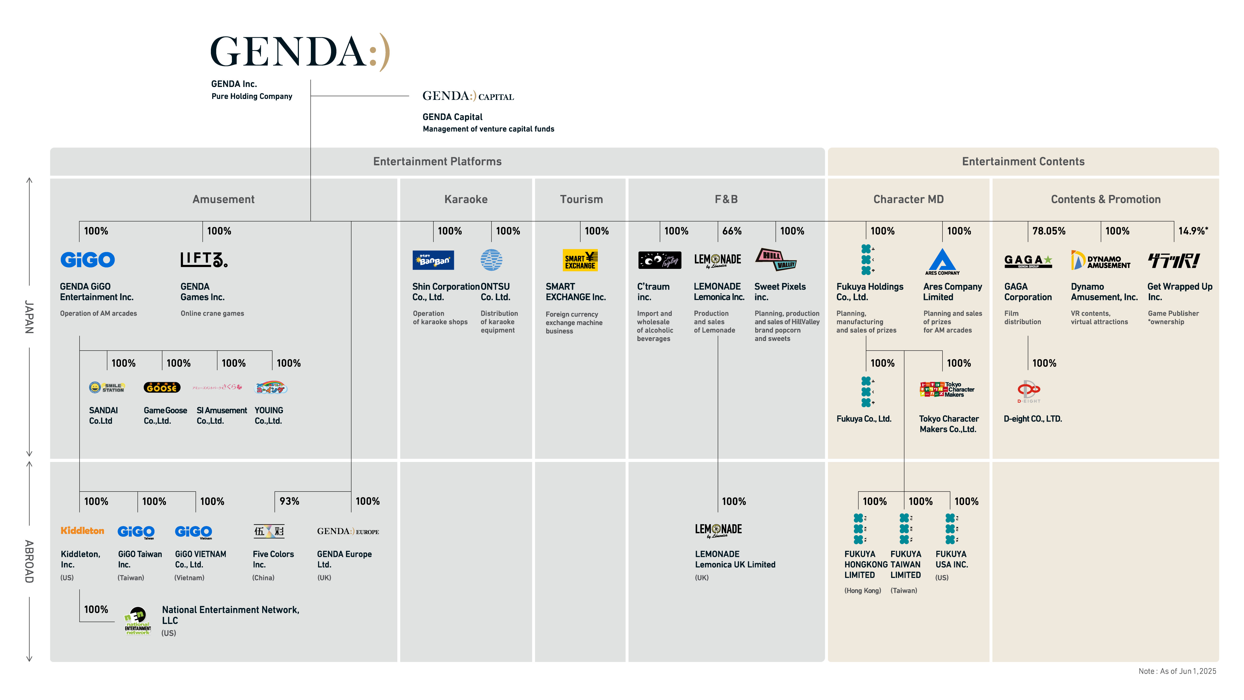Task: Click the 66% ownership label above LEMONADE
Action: click(x=732, y=231)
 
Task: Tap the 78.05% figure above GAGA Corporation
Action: click(x=1049, y=231)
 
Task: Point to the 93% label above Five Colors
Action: click(x=289, y=501)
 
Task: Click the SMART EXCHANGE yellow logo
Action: click(x=580, y=260)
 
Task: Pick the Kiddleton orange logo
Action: click(x=82, y=531)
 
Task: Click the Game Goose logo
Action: click(x=162, y=387)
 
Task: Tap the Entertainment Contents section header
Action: click(x=1023, y=161)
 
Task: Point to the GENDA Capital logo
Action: click(x=468, y=96)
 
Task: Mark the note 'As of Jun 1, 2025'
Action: click(x=1177, y=671)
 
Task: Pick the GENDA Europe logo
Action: click(x=348, y=531)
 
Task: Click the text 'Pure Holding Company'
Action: click(x=252, y=96)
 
